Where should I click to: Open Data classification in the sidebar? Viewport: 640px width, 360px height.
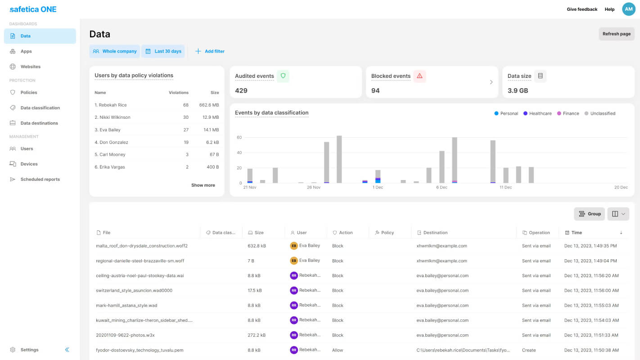pyautogui.click(x=40, y=108)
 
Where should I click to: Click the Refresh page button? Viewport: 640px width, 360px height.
pyautogui.click(x=617, y=34)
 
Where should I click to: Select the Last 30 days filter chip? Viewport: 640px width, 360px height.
pyautogui.click(x=163, y=51)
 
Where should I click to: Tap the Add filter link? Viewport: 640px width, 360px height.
pyautogui.click(x=210, y=51)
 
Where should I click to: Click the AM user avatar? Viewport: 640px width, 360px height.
pyautogui.click(x=629, y=9)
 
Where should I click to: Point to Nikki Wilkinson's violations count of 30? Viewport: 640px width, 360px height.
pyautogui.click(x=186, y=117)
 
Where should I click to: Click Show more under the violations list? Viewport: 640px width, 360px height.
pyautogui.click(x=203, y=185)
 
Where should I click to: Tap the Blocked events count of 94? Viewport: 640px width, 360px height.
pyautogui.click(x=375, y=90)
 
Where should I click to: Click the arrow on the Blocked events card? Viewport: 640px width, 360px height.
pyautogui.click(x=491, y=82)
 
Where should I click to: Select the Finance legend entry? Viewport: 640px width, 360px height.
pyautogui.click(x=568, y=113)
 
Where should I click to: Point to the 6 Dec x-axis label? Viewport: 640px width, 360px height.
pyautogui.click(x=442, y=188)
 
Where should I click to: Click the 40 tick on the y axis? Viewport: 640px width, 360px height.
pyautogui.click(x=239, y=153)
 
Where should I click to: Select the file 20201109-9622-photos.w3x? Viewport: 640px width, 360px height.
pyautogui.click(x=125, y=335)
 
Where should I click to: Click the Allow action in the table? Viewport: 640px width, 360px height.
pyautogui.click(x=338, y=350)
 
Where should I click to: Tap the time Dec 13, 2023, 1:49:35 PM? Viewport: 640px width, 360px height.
pyautogui.click(x=590, y=246)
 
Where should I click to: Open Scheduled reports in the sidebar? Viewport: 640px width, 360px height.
pyautogui.click(x=40, y=180)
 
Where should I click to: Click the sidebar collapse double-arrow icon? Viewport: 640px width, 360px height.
pyautogui.click(x=67, y=350)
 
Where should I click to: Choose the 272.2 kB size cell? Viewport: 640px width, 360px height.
pyautogui.click(x=256, y=335)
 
